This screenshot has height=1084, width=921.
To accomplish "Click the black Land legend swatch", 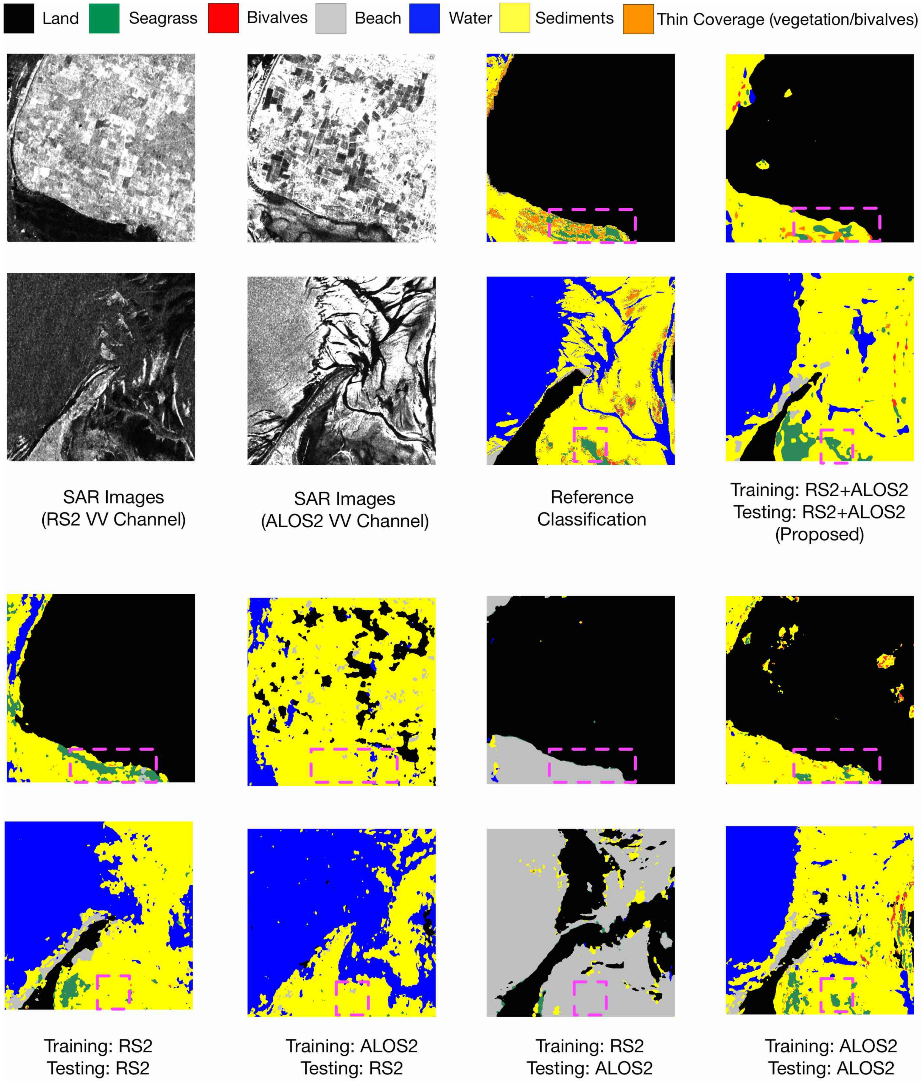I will click(19, 18).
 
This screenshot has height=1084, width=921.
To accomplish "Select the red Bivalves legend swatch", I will click(223, 18).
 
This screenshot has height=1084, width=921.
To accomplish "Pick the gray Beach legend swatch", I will click(331, 18).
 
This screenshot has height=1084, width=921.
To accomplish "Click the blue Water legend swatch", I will click(424, 18).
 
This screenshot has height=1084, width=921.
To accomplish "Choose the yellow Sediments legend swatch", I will click(515, 18).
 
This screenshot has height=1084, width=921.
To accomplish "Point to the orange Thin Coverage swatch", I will click(638, 19).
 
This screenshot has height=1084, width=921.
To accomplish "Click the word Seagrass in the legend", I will click(163, 18).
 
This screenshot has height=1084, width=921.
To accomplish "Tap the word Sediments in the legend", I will click(574, 18).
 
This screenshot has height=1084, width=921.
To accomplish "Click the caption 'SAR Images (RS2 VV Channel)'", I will click(113, 508).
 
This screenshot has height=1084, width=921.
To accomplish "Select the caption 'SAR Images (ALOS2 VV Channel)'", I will click(345, 509).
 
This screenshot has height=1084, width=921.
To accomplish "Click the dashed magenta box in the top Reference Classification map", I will click(592, 226).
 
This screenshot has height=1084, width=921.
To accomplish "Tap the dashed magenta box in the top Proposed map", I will click(836, 225).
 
